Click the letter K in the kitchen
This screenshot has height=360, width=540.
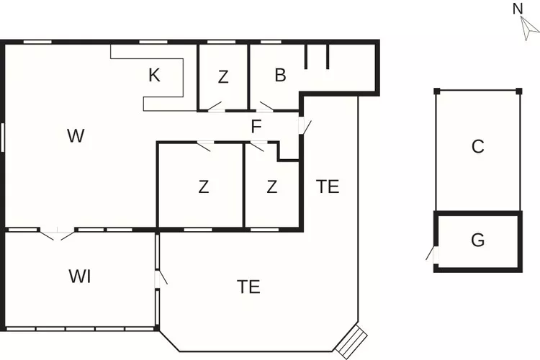(x=154, y=75)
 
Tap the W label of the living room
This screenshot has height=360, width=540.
(x=76, y=135)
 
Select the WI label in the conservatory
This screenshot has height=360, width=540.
(x=80, y=276)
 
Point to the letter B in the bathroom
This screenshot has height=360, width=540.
(x=281, y=74)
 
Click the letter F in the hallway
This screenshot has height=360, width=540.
(x=256, y=127)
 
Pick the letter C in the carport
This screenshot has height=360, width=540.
(x=477, y=146)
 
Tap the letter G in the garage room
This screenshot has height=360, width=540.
(x=477, y=240)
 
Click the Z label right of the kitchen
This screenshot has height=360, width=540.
(x=223, y=77)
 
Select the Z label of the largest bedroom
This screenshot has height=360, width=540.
(x=204, y=187)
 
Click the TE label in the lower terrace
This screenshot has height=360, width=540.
(x=248, y=287)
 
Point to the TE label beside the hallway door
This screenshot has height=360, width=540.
(x=328, y=186)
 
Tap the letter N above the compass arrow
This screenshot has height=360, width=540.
(x=517, y=9)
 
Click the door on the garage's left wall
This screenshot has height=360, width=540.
(x=432, y=254)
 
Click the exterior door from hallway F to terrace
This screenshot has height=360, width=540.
(x=304, y=125)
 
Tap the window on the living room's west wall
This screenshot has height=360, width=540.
(x=3, y=137)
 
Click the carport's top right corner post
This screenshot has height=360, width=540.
(x=518, y=90)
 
